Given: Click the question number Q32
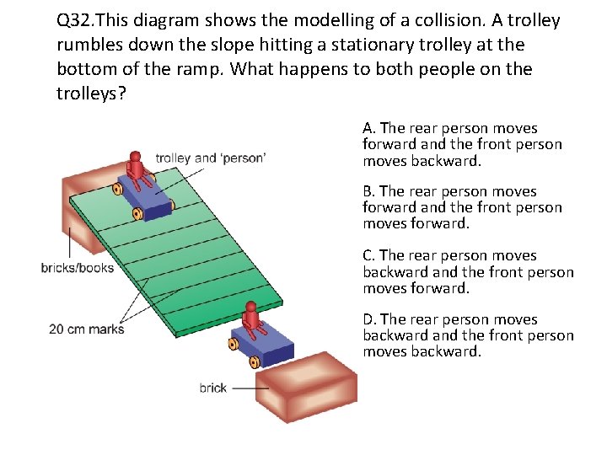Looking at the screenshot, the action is (x=78, y=20).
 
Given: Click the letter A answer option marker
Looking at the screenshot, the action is (x=368, y=128).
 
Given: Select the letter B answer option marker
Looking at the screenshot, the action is (x=368, y=192).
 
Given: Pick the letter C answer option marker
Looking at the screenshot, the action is (x=368, y=255).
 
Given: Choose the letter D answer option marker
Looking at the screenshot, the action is (x=368, y=319).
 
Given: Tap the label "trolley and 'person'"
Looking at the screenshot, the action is (x=211, y=158).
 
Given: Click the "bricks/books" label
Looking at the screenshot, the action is (x=77, y=268).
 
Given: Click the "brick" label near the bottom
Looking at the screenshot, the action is (x=213, y=388).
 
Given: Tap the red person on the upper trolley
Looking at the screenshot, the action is (x=137, y=169).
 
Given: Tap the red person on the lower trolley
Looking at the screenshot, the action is (x=250, y=318).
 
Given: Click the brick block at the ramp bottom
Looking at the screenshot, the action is (x=309, y=388).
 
